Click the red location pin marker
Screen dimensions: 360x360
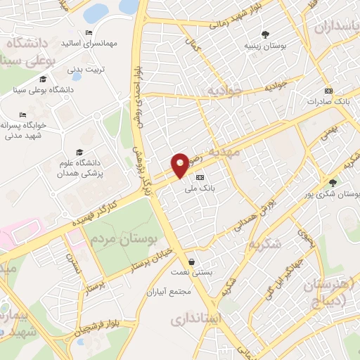pyautogui.click(x=181, y=165)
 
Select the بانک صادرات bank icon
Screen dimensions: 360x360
pyautogui.click(x=328, y=91)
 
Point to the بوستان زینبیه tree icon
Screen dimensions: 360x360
pyautogui.click(x=265, y=34)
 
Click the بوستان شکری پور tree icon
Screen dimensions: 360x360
pyautogui.click(x=332, y=183)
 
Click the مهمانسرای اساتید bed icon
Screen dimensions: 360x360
pyautogui.click(x=89, y=32)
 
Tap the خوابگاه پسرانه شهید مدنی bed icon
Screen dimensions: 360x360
pyautogui.click(x=23, y=114)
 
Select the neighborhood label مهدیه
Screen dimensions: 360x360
pyautogui.click(x=244, y=150)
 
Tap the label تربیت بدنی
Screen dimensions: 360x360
pyautogui.click(x=86, y=70)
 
